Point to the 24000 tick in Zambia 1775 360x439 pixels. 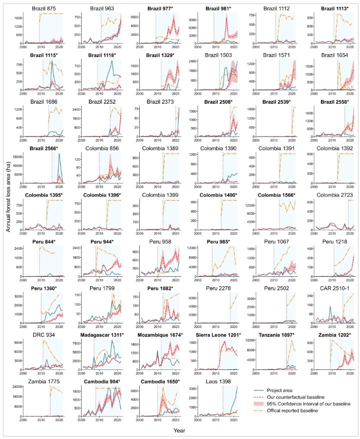pyautogui.click(x=16, y=386)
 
